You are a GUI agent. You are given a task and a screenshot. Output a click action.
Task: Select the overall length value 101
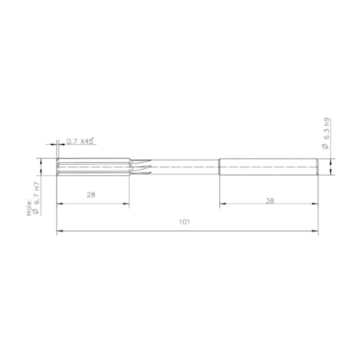[x=184, y=222]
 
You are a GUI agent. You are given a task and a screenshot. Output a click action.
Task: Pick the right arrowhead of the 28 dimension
[x=128, y=205]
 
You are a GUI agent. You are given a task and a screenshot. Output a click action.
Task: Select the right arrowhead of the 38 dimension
[x=316, y=205]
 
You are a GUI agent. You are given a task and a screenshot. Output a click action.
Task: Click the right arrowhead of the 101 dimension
[x=316, y=231]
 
